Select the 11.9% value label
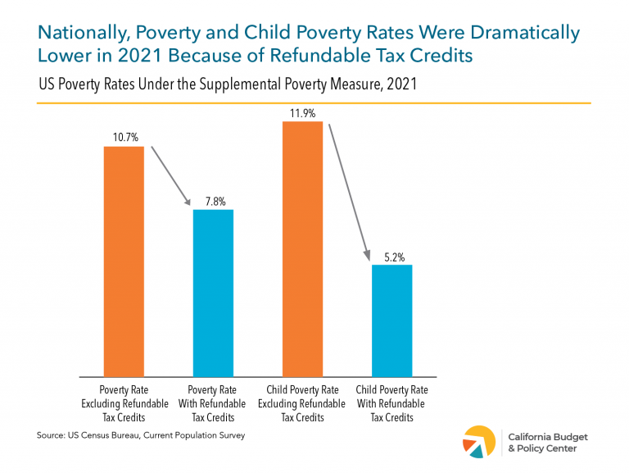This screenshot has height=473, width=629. (302, 113)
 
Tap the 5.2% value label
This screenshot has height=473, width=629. (391, 255)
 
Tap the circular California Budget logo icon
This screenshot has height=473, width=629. (479, 443)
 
